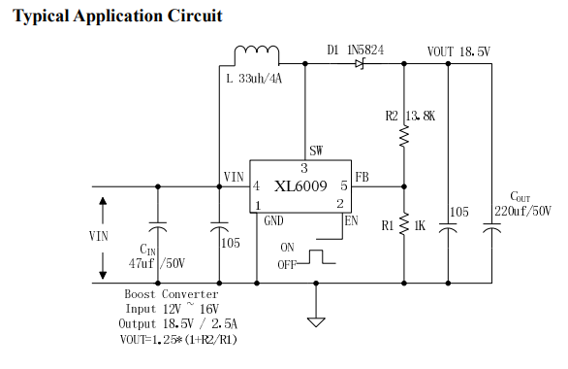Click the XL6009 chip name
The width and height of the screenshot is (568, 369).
coord(300,186)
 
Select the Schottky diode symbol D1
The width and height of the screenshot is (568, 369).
coord(360,64)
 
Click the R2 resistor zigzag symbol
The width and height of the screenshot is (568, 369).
coord(404,136)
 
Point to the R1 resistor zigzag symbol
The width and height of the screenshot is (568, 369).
coord(404,224)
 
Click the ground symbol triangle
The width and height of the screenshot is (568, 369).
coord(316,322)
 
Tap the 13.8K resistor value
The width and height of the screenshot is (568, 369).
coord(421,117)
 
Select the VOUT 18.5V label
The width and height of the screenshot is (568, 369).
coord(458,51)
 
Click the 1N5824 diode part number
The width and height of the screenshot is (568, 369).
coord(365,50)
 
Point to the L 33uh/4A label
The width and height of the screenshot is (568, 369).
coord(254,79)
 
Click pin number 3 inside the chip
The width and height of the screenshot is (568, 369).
coord(304,168)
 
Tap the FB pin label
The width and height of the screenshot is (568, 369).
coord(362,177)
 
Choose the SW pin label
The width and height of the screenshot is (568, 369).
coord(316,151)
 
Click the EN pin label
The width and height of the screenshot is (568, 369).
coord(351,220)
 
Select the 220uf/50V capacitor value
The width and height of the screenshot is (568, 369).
coord(522,211)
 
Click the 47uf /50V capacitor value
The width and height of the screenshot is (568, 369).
coord(157,263)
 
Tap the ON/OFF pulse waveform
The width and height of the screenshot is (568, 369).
coord(316,257)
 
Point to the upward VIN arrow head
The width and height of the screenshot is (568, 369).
coord(103,201)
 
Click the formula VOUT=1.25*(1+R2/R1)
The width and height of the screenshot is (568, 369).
coord(178,340)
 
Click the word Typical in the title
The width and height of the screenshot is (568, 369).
coord(41,17)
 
